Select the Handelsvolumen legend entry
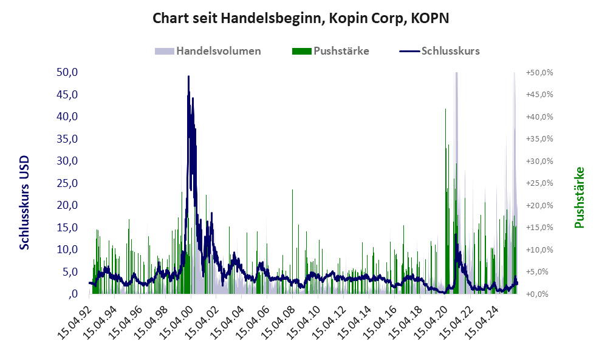218,51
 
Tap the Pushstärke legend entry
341,51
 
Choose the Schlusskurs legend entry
450,51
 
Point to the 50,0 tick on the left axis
66,72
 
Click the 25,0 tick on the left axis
66,183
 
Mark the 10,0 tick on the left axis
66,250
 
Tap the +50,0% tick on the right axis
539,72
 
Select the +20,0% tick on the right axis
539,205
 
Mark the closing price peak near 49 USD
188,77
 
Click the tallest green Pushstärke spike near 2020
446,110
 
